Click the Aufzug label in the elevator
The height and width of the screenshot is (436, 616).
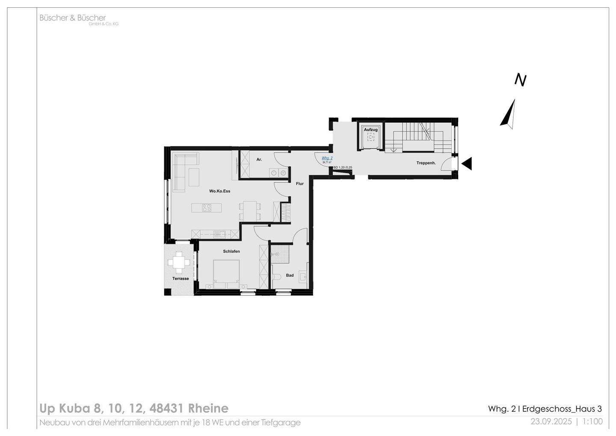[370, 129]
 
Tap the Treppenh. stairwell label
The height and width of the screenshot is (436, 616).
[426, 163]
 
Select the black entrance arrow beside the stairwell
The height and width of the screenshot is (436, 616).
[467, 164]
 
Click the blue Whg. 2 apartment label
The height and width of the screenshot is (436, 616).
[327, 158]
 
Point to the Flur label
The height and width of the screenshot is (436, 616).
[300, 184]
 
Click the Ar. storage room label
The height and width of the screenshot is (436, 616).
[259, 159]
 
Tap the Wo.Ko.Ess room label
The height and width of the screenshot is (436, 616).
[219, 191]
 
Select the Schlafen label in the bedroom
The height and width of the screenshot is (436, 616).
[231, 251]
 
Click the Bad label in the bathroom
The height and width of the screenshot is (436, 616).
[290, 275]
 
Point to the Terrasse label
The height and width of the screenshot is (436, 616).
[181, 278]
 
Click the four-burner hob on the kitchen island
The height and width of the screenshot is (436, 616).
[207, 208]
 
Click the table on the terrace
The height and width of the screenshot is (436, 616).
[179, 261]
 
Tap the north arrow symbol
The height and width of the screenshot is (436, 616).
[509, 115]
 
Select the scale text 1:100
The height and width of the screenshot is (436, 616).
[592, 421]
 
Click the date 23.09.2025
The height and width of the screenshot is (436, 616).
[551, 421]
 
